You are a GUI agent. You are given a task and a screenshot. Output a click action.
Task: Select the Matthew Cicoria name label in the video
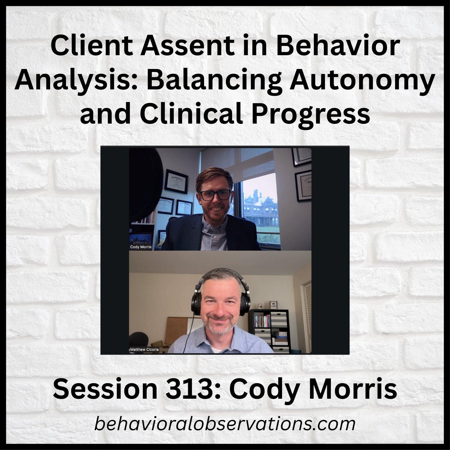click(x=145, y=349)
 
